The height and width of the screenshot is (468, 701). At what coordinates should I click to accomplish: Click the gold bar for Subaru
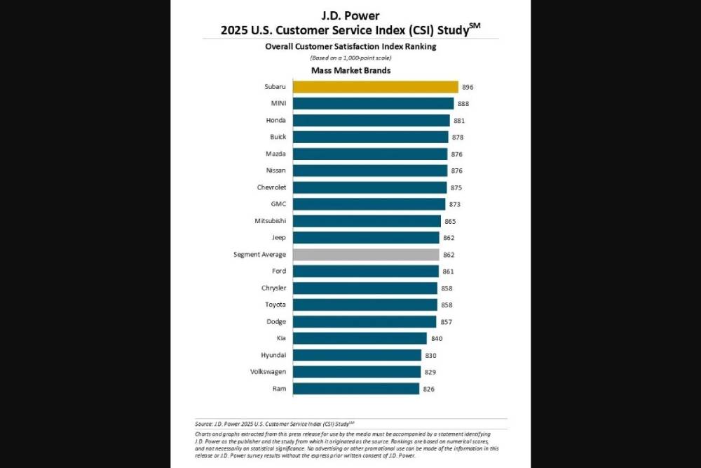375,87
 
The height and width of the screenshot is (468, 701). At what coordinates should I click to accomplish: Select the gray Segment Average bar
366,255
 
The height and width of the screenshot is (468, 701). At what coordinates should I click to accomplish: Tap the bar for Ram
356,389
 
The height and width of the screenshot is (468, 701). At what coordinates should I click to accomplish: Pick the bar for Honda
371,121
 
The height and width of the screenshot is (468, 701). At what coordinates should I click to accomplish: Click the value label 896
468,87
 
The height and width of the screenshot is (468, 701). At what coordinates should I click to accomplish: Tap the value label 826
429,389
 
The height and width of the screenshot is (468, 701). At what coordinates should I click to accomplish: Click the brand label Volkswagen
268,372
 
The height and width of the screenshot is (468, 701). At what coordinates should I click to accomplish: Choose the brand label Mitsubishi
270,221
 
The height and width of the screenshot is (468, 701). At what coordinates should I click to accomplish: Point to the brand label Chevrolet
271,187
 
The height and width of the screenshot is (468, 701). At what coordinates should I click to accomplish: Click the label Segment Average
259,255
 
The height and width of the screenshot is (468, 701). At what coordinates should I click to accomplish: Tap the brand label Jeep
278,238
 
